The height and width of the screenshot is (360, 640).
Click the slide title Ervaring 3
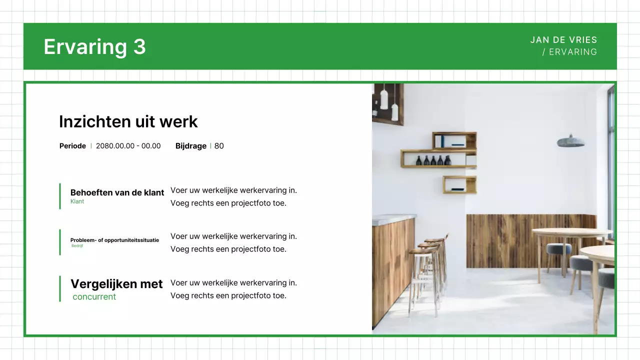(94, 46)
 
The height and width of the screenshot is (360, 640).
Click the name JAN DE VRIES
(563, 40)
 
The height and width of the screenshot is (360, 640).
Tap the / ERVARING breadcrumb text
(569, 52)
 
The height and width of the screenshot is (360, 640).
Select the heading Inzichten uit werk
(128, 121)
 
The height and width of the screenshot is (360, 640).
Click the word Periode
(72, 146)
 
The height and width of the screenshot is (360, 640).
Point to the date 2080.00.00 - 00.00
(128, 146)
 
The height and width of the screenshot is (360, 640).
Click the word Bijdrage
(190, 146)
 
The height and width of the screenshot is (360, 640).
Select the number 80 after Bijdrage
(219, 146)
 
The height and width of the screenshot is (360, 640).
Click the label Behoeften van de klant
(117, 192)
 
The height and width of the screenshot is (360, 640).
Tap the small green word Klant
(77, 201)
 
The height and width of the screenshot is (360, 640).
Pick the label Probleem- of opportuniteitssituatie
(114, 240)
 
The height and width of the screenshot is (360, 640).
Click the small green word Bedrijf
(77, 245)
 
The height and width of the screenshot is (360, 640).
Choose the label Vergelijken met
(116, 284)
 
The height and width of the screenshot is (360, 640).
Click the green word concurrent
(94, 296)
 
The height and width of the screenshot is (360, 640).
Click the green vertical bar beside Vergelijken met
(60, 288)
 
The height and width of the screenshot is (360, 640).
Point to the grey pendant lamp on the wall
(570, 141)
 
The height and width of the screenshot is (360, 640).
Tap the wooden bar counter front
(392, 270)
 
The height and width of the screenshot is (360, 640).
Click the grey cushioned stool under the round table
(558, 249)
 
